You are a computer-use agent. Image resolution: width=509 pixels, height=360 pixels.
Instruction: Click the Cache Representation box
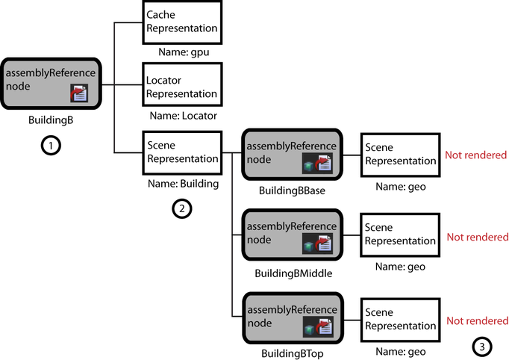pos(182,22)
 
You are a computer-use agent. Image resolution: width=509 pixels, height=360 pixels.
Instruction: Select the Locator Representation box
pos(182,87)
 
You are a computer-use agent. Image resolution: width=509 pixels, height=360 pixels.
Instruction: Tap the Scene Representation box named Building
pos(182,152)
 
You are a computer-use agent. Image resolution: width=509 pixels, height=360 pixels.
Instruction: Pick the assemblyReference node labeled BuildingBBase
pos(290,155)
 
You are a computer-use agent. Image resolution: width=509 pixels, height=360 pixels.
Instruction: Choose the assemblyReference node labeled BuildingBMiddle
pos(290,235)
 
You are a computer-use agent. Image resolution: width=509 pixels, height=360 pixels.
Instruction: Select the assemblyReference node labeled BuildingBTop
pos(290,320)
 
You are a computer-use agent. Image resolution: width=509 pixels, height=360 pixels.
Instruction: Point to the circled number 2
pos(181,208)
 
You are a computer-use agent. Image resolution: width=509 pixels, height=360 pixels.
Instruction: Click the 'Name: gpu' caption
pos(183,53)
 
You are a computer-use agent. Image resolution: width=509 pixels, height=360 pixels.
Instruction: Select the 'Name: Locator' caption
pos(183,116)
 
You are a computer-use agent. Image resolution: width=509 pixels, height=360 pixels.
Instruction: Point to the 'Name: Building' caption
pos(183,183)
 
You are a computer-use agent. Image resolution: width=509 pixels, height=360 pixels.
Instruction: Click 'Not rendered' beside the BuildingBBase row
pos(476,155)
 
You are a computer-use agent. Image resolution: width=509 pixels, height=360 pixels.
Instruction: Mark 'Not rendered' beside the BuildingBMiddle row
pos(476,237)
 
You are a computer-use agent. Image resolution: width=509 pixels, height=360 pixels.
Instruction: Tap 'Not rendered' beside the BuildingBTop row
pos(476,321)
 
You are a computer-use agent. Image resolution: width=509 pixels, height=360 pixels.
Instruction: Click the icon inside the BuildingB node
pos(79,93)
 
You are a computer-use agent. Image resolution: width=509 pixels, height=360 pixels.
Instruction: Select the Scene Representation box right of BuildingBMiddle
pos(399,235)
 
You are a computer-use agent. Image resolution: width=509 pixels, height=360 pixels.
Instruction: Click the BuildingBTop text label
pos(292,352)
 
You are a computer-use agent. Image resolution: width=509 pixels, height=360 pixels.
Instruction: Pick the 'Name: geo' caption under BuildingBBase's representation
pos(400,187)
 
